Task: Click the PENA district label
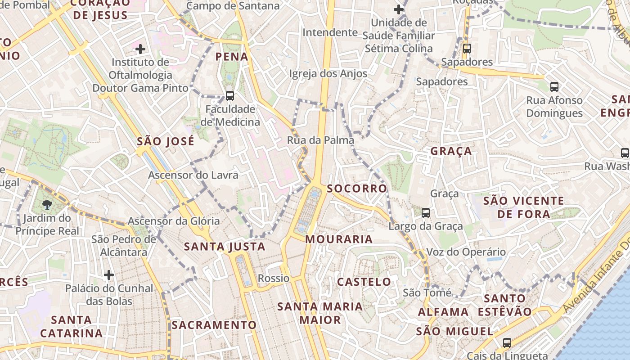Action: (232, 57)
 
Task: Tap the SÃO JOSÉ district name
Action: (166, 141)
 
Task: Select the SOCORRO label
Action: (357, 189)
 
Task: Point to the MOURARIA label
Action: (339, 239)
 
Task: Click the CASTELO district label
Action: (364, 282)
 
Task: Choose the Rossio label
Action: (274, 278)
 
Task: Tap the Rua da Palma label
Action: (320, 140)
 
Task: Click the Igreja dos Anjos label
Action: (328, 73)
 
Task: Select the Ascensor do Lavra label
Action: (193, 175)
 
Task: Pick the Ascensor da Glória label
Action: (174, 221)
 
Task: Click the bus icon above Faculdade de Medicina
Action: (230, 95)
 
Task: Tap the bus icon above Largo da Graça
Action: (425, 212)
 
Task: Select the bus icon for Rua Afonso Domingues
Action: (554, 86)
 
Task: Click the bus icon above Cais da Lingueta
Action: (507, 342)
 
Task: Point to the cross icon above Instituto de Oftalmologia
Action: (140, 49)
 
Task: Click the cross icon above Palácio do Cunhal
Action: (108, 274)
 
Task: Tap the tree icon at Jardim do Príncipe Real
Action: (47, 205)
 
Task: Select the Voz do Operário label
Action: (466, 252)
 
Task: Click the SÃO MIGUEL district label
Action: (454, 332)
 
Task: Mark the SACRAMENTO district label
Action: (214, 325)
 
